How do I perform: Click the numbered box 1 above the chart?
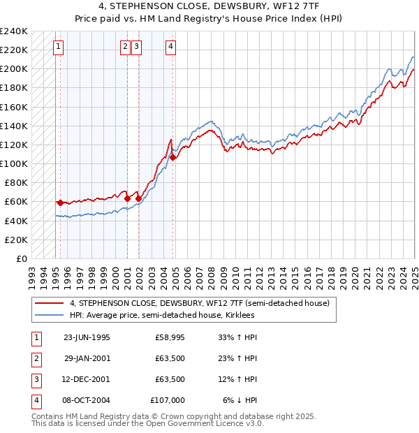57,47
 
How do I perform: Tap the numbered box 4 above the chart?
170,47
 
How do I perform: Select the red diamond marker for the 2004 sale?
172,158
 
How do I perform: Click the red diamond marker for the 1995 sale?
60,203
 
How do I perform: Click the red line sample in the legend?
50,303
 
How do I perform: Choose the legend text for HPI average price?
162,315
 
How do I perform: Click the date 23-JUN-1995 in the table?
87,337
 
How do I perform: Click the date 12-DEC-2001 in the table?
87,379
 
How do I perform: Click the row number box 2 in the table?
36,358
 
